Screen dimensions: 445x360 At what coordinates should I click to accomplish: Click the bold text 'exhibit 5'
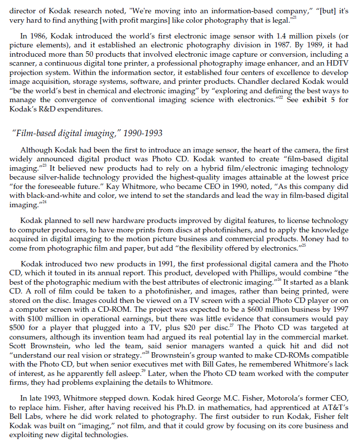tap(319, 101)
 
